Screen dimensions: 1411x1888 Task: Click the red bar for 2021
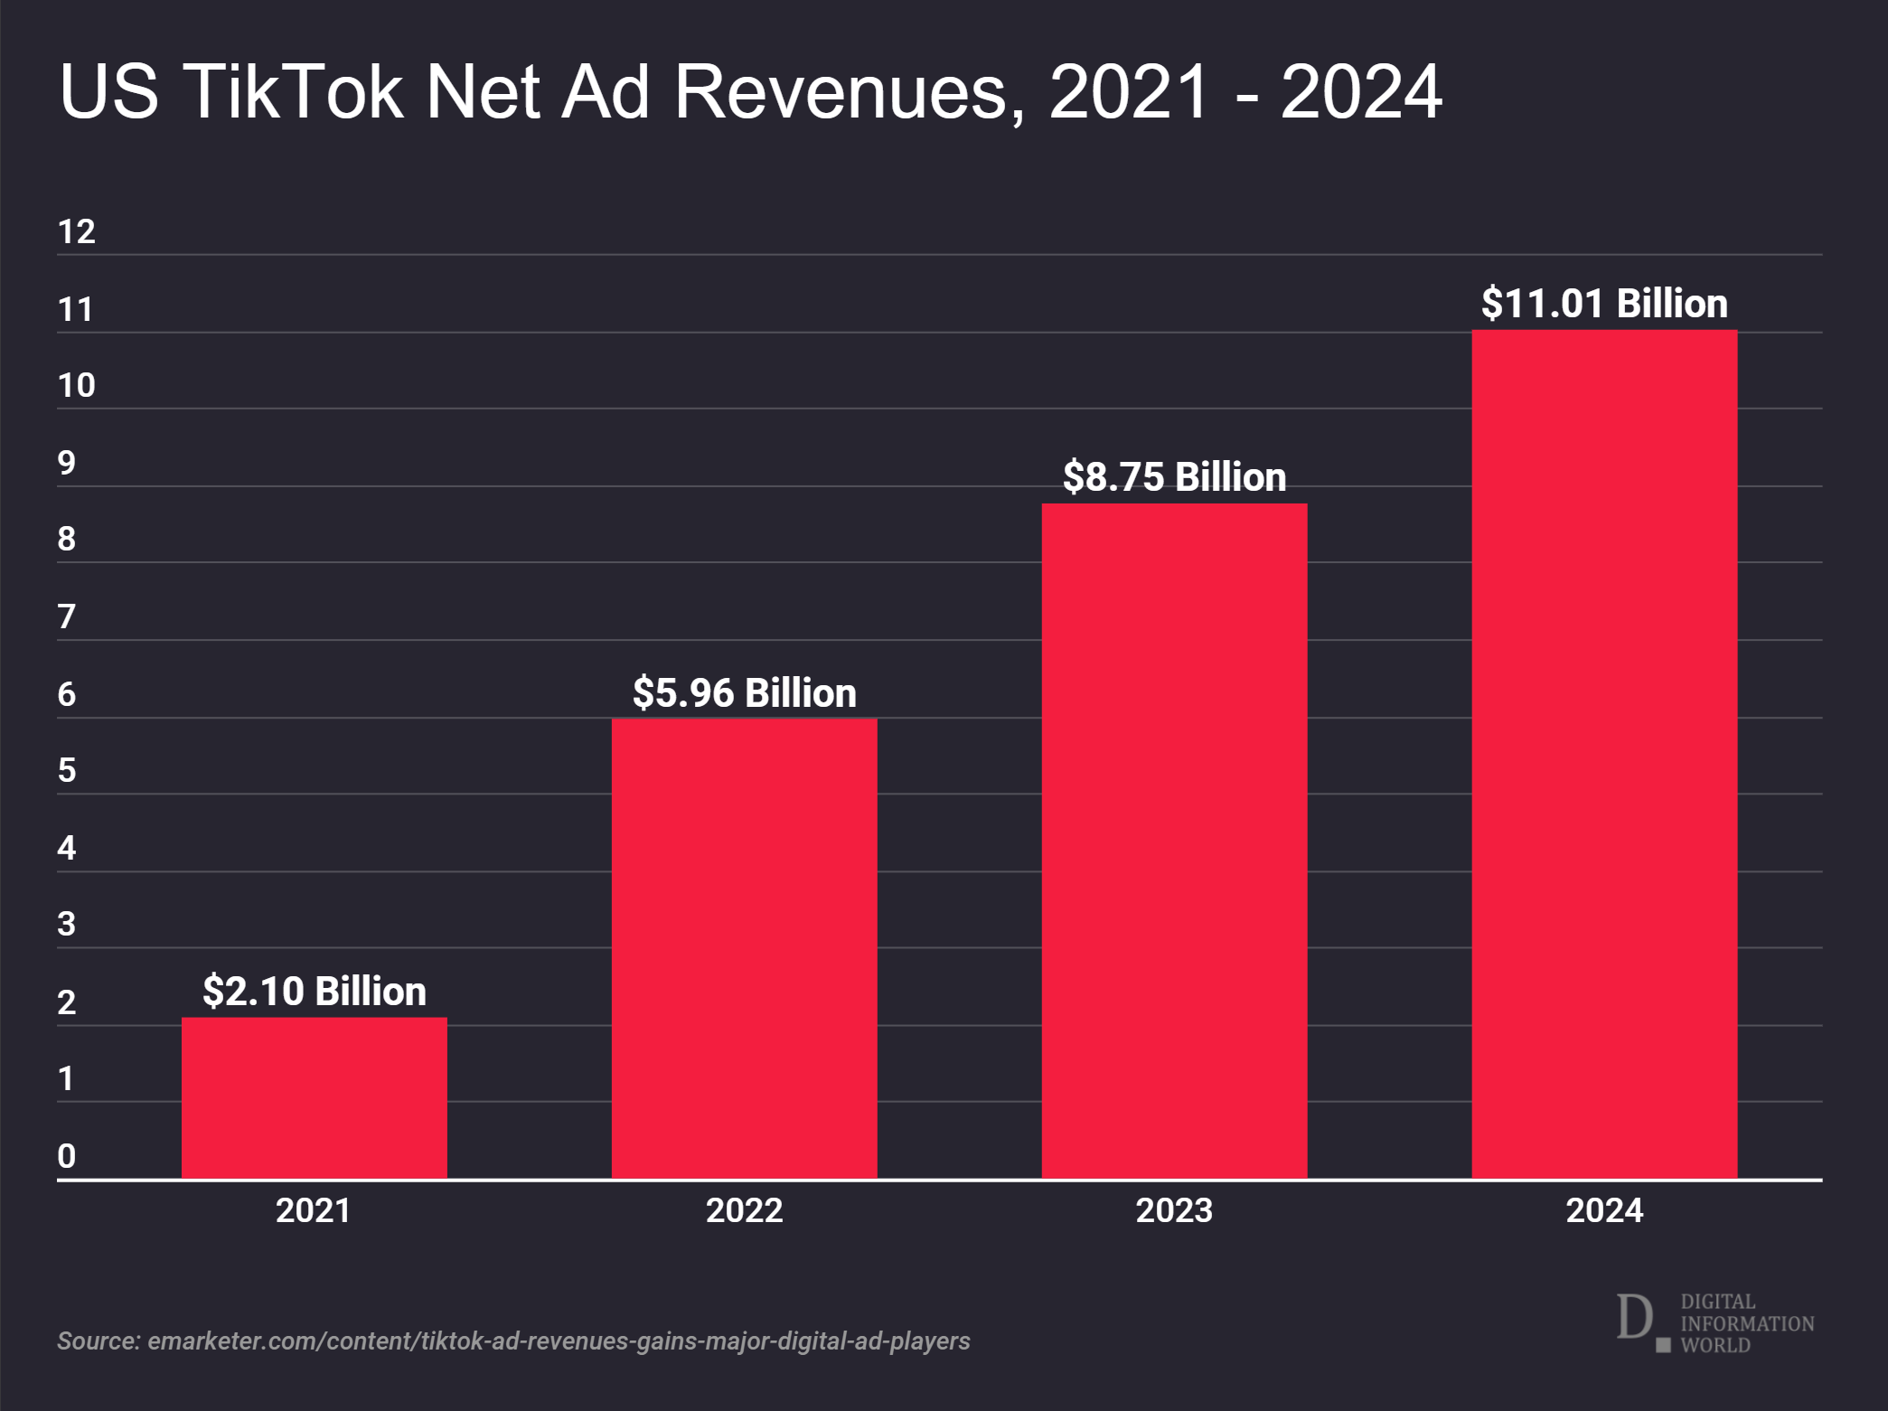pos(314,1097)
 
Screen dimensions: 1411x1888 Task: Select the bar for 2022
pos(744,948)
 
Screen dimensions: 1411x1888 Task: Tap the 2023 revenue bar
pos(1174,841)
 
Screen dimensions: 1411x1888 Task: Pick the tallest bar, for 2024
pos(1604,754)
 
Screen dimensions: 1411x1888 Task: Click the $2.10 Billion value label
pos(314,992)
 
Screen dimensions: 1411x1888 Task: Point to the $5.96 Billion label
pos(744,693)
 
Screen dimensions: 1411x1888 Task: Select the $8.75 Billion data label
pos(1174,477)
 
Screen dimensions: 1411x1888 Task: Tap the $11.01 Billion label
pos(1604,304)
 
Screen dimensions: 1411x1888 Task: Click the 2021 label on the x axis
pos(313,1210)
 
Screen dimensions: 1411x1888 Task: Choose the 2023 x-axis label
pos(1174,1210)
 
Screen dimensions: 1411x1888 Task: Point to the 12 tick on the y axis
pos(76,232)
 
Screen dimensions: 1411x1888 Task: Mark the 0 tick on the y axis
pos(66,1156)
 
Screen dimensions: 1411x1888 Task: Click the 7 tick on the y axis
pos(66,617)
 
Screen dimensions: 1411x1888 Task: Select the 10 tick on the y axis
pos(76,386)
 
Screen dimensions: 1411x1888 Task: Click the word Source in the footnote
pos(98,1340)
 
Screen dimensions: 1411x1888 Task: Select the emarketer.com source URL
pos(559,1340)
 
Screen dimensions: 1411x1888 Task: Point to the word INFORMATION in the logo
pos(1747,1323)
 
